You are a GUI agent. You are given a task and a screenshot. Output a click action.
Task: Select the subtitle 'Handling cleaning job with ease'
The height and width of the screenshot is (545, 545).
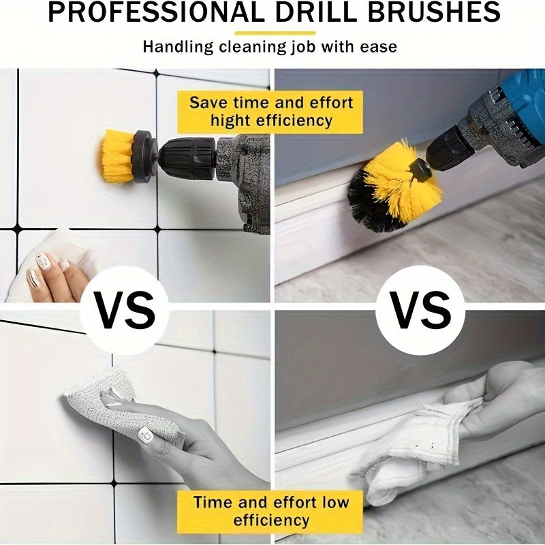[x=270, y=47]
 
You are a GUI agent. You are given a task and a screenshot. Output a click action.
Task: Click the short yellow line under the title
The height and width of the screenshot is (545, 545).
[x=275, y=32]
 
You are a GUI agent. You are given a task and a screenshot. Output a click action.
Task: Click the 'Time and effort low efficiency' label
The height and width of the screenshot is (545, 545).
[x=270, y=511]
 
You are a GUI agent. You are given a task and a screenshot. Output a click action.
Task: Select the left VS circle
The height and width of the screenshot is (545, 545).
[x=123, y=311]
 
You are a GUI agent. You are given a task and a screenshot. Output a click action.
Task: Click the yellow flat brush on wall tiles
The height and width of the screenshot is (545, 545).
[x=116, y=156]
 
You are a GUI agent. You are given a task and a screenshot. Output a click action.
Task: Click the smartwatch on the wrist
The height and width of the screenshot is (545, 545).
[x=146, y=435]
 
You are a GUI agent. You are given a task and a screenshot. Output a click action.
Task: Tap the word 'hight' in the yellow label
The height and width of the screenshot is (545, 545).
[x=233, y=121]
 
